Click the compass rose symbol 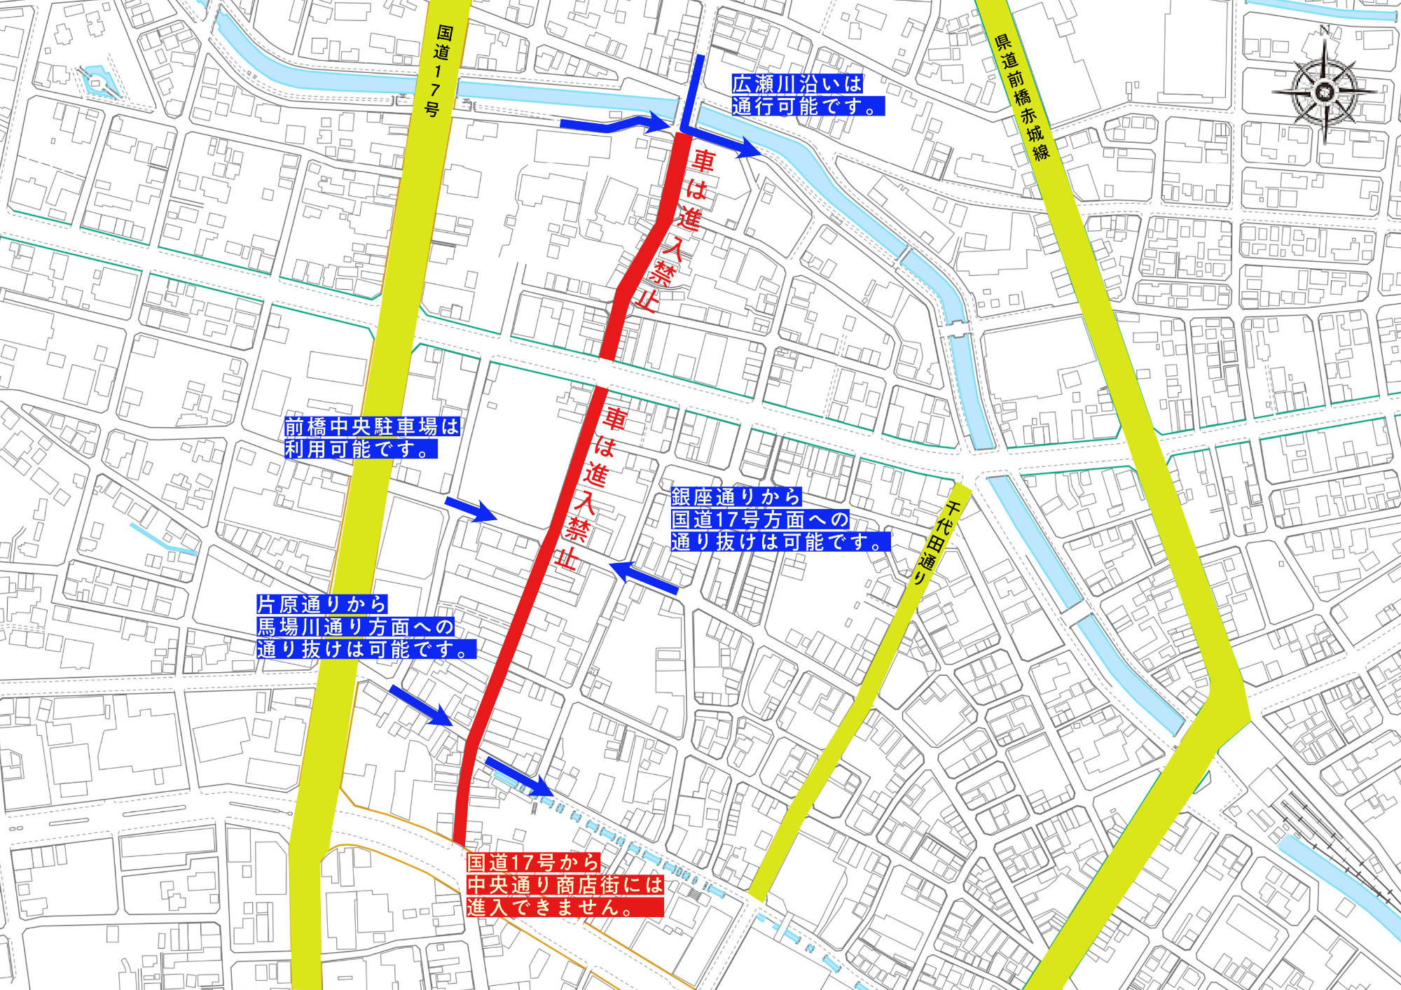[x=1324, y=91]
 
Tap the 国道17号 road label [x=439, y=70]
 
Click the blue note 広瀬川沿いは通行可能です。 [x=807, y=95]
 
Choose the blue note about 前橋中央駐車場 [x=371, y=438]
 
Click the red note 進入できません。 [x=565, y=885]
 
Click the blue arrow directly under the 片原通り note [x=421, y=705]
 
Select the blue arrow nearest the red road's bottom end [x=519, y=776]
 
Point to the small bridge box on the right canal [x=957, y=328]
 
